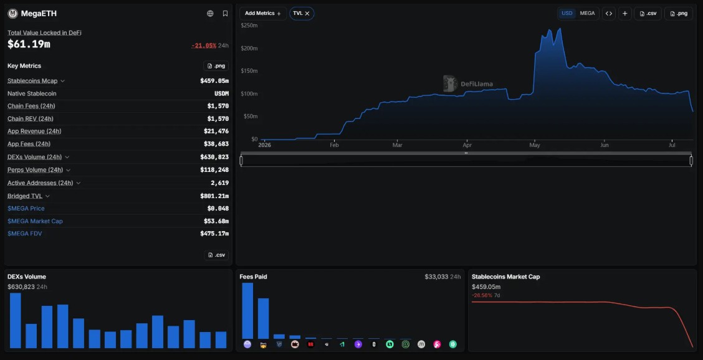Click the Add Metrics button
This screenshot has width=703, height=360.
click(263, 14)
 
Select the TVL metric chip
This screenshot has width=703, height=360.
click(302, 14)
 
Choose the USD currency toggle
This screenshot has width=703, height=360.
click(567, 14)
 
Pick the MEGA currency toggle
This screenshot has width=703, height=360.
click(587, 14)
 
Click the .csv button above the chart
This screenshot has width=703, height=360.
click(648, 14)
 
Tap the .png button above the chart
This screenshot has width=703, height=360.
click(678, 14)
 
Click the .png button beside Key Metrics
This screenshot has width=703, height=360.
click(216, 66)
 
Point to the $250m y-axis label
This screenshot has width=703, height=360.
click(249, 26)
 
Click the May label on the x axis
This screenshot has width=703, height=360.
click(535, 145)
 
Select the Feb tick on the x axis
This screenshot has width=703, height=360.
click(334, 145)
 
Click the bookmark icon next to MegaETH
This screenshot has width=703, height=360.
click(225, 14)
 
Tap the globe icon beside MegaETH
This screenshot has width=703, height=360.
click(210, 14)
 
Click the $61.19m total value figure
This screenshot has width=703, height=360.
click(29, 44)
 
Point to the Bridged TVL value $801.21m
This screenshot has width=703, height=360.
click(214, 196)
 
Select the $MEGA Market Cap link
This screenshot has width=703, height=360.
click(35, 221)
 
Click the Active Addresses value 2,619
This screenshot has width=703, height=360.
click(219, 183)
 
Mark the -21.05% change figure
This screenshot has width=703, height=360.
click(204, 45)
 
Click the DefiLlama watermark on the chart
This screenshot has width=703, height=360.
click(468, 84)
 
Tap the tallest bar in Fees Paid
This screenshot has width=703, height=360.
click(247, 311)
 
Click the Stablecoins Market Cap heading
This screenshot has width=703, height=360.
click(505, 277)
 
